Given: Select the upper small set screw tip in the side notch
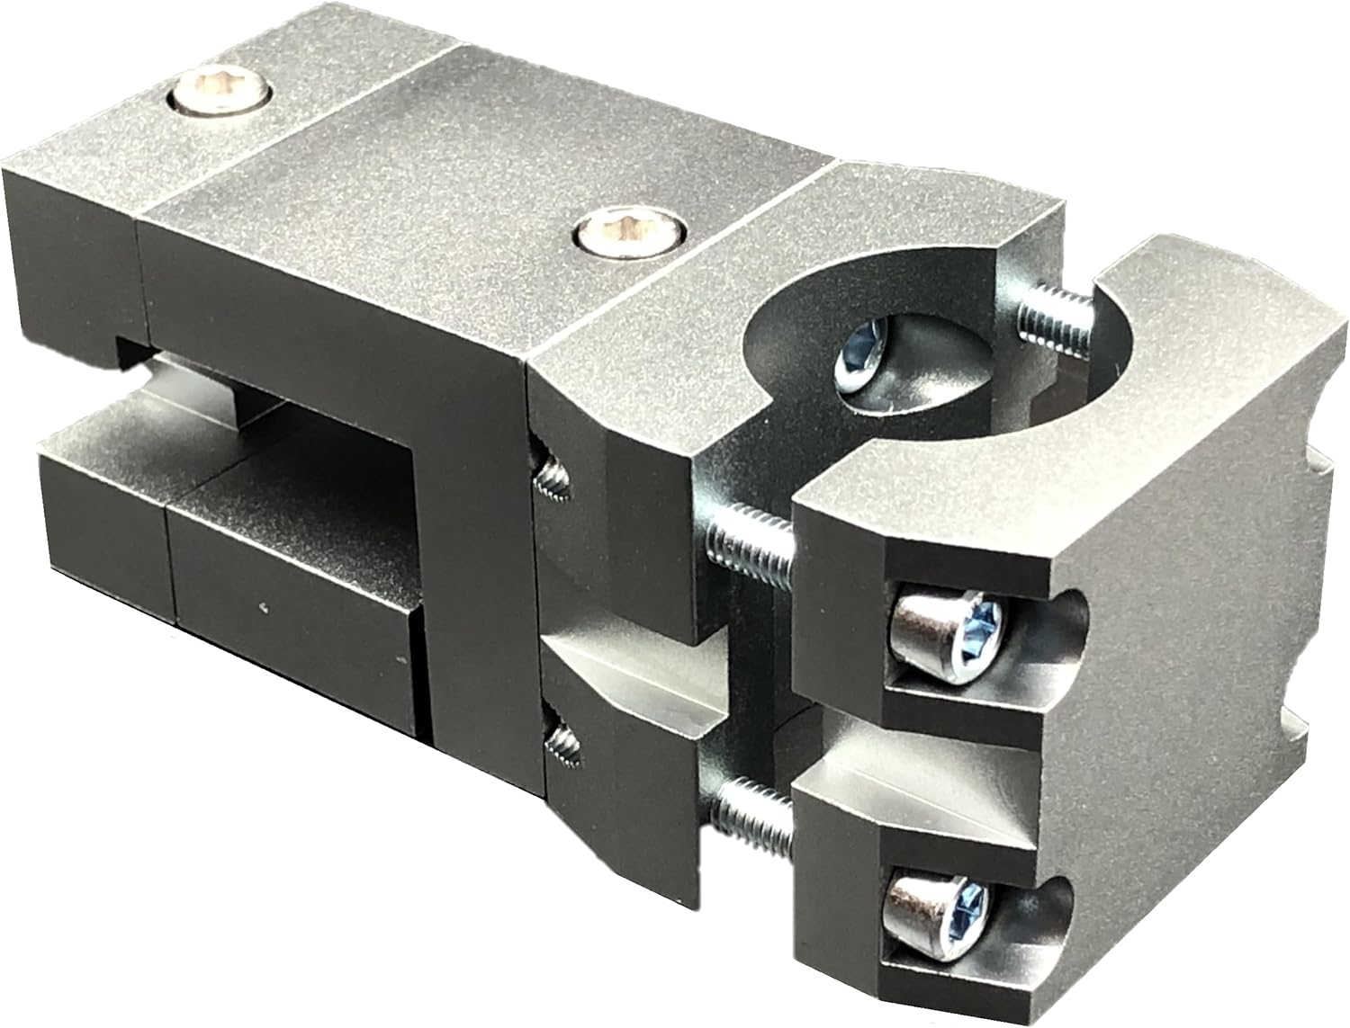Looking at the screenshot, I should click(x=550, y=473).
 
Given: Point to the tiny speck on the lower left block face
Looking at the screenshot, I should click(x=262, y=608).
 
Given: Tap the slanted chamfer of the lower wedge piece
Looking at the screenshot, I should click(x=630, y=684).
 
